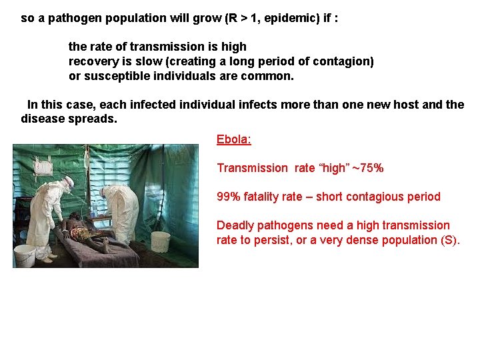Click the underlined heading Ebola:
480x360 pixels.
click(233, 139)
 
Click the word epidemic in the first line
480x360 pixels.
click(289, 18)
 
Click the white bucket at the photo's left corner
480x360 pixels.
click(24, 254)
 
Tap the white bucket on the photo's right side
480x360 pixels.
click(160, 241)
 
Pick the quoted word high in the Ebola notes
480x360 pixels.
click(343, 168)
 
